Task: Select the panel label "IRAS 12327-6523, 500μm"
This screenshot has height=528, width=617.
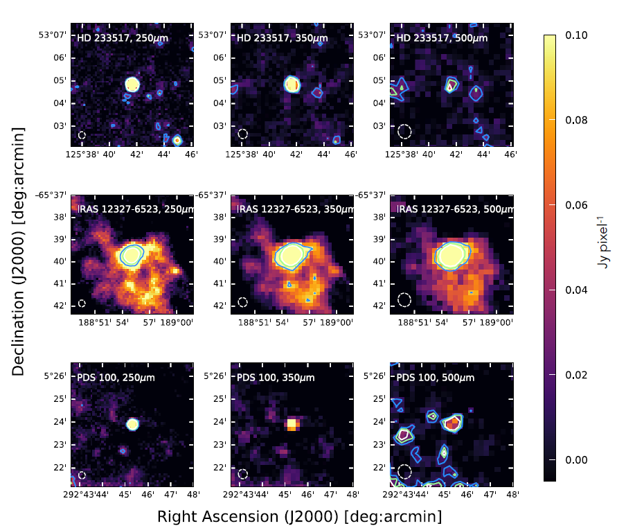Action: [454, 209]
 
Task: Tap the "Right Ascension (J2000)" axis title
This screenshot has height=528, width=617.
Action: [299, 517]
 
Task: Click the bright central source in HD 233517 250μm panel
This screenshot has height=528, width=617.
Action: [132, 84]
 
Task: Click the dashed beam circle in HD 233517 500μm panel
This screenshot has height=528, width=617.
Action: [404, 131]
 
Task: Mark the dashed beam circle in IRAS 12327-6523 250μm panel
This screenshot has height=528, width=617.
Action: [82, 303]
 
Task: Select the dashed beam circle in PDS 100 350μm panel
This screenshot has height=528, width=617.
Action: [242, 474]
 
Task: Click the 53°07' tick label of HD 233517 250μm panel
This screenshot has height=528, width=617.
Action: [55, 34]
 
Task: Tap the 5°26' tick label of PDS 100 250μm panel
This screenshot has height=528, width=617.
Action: [58, 376]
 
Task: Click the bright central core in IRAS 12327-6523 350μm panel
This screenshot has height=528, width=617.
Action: [292, 256]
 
